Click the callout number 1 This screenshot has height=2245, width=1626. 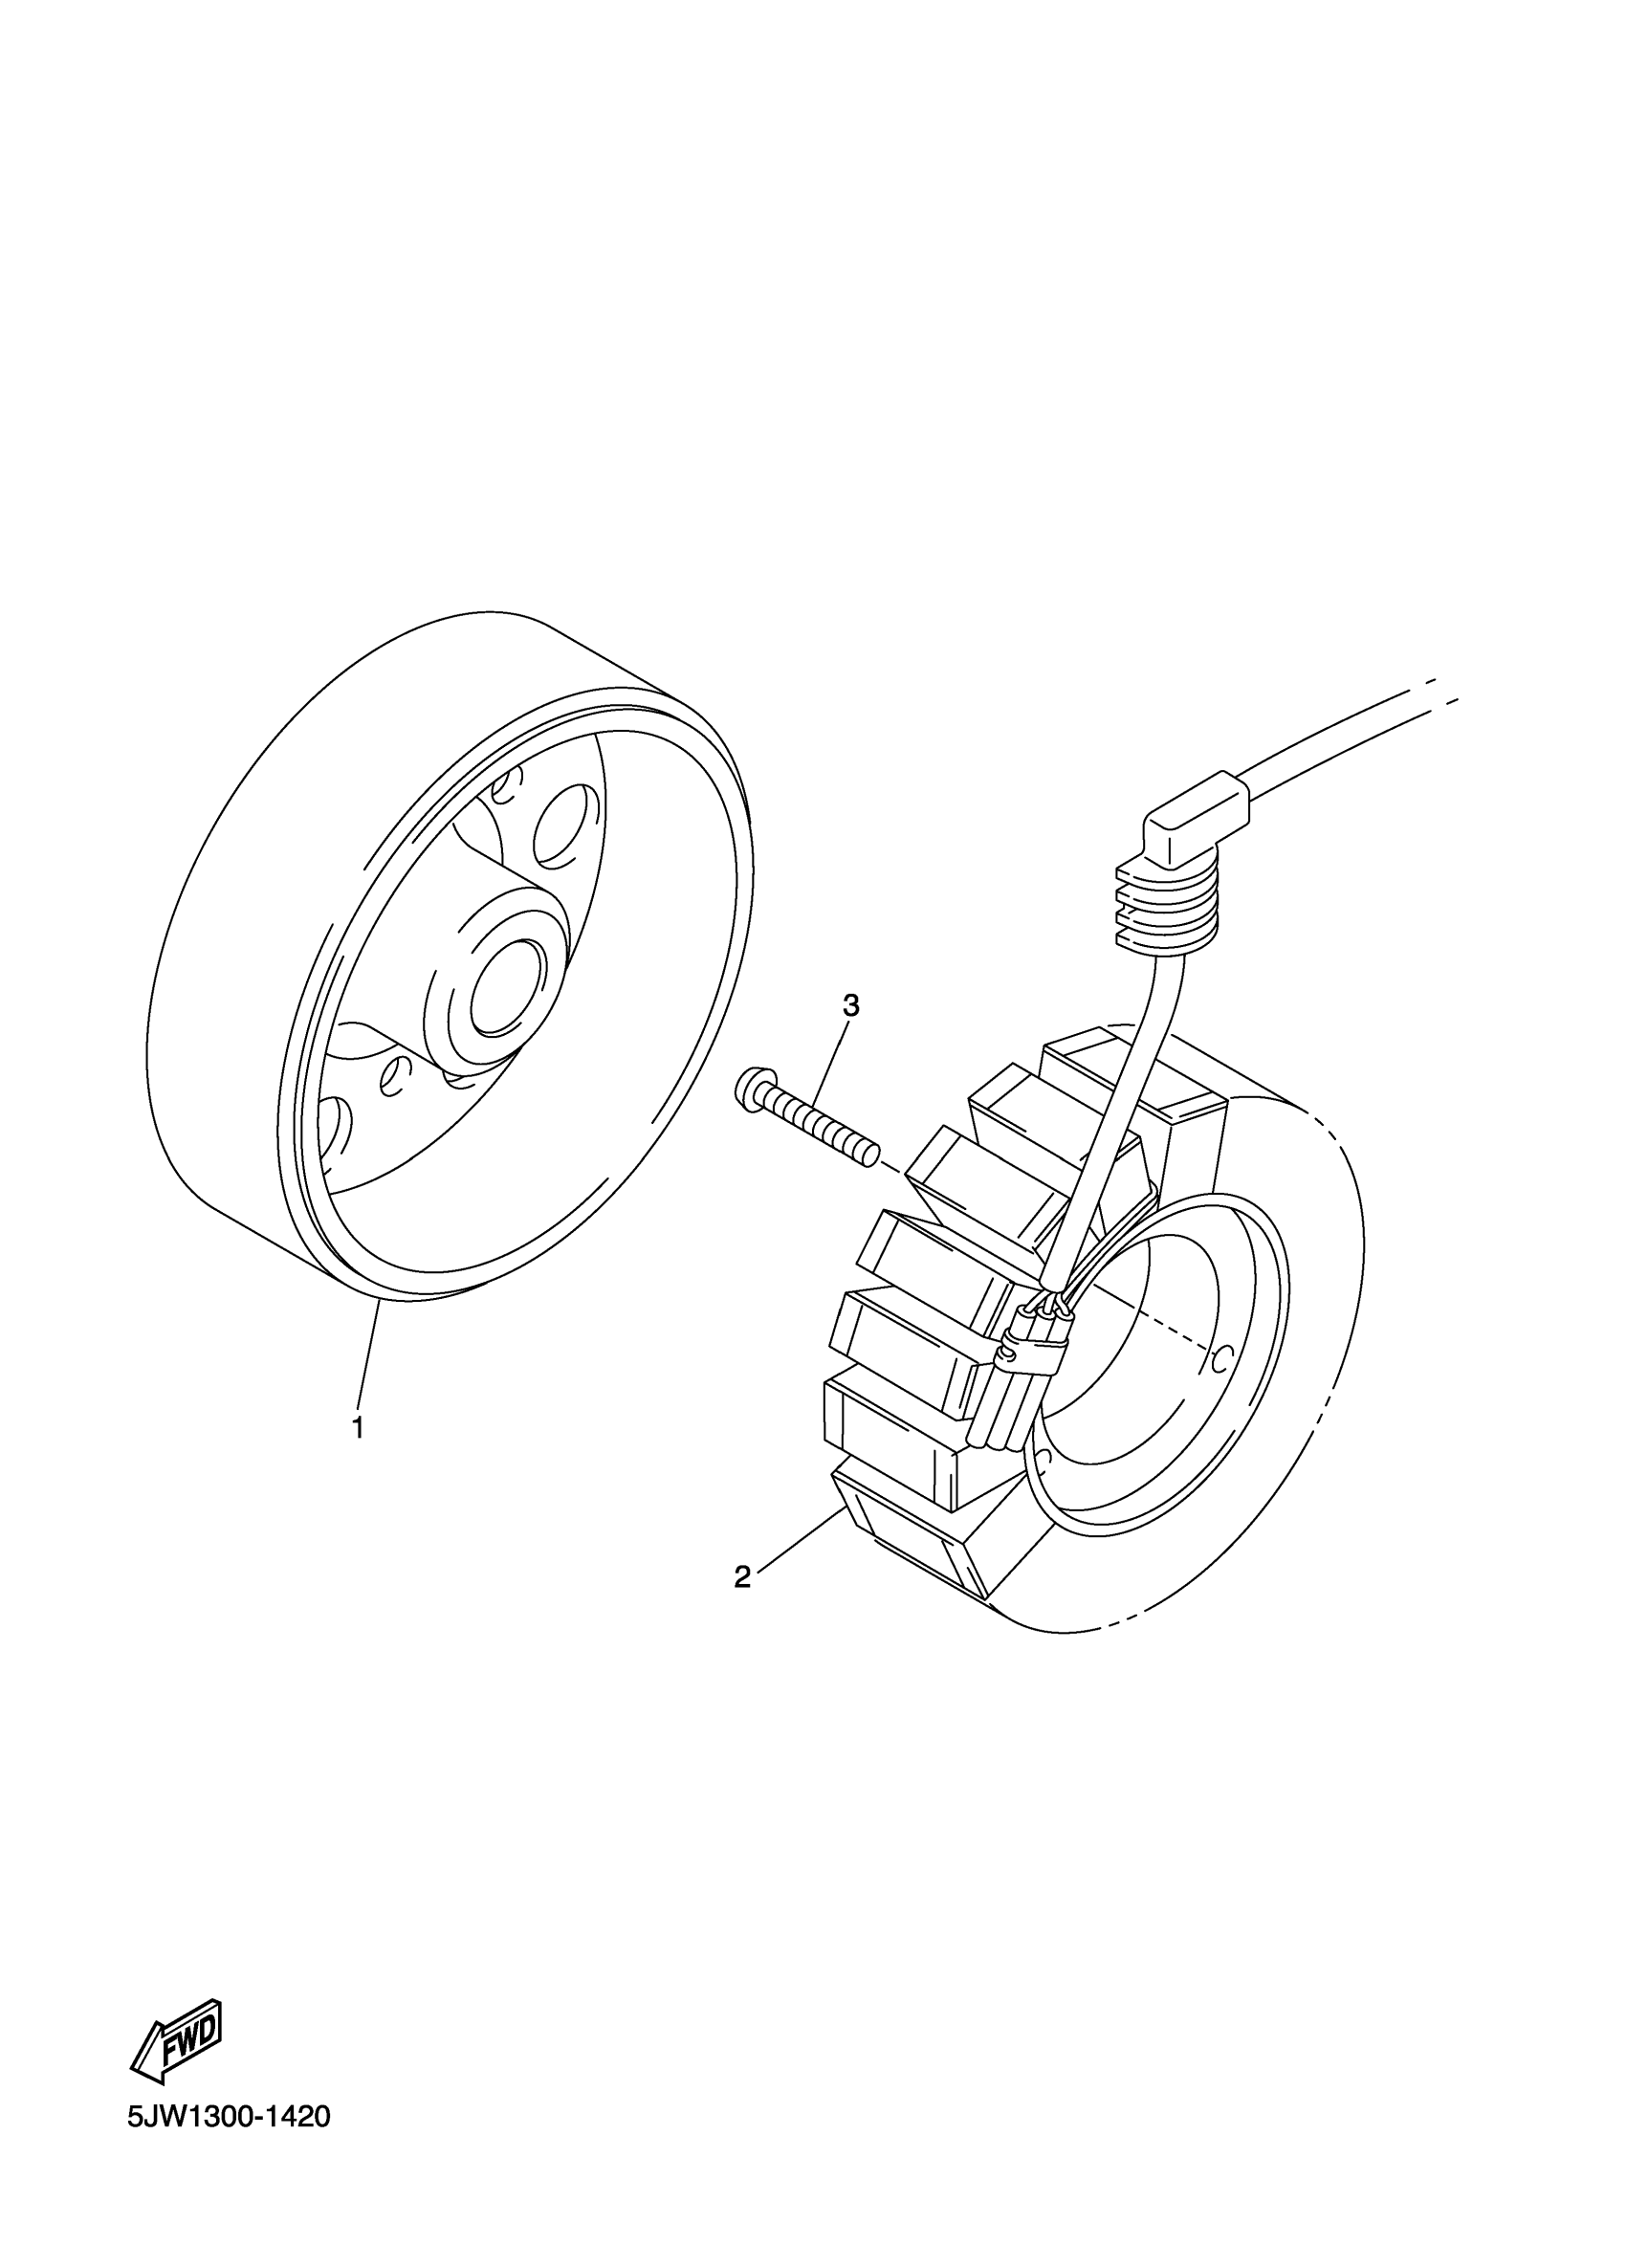358,1427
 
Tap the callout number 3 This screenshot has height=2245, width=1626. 850,1005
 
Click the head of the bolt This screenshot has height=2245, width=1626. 754,1086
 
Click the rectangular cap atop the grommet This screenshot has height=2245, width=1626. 1197,813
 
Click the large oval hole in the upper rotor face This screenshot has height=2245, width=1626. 565,825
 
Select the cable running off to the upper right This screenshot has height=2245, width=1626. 1346,737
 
